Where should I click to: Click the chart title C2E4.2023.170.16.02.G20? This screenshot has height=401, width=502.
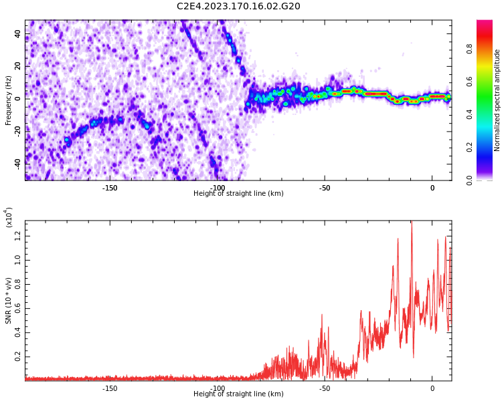click(x=238, y=7)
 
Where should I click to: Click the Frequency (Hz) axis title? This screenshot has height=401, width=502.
click(x=8, y=100)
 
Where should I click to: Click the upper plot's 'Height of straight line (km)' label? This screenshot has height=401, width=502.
click(x=238, y=194)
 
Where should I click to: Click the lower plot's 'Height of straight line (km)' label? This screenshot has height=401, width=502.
click(x=238, y=394)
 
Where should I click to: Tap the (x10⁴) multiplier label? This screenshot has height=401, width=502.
click(x=9, y=217)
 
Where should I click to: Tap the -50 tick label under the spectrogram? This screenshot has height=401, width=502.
click(x=324, y=187)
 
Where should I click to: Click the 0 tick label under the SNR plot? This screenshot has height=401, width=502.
click(x=432, y=388)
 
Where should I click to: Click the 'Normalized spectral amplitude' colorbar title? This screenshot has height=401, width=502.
click(x=497, y=100)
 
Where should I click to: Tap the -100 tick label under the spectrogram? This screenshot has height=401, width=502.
click(x=217, y=187)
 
